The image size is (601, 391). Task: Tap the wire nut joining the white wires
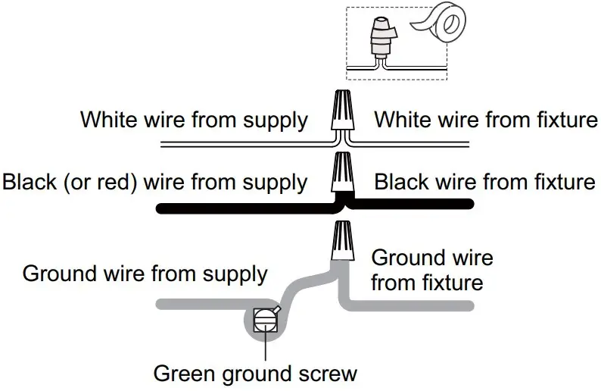click(342, 111)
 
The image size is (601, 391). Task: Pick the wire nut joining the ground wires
click(342, 239)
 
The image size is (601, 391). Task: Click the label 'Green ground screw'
click(255, 374)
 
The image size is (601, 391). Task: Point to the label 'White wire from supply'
click(195, 120)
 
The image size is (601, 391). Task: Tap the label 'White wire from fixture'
click(486, 120)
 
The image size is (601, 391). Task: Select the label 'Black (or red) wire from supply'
click(155, 183)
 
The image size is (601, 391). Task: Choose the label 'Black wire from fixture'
click(484, 183)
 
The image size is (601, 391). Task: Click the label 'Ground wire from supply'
click(145, 274)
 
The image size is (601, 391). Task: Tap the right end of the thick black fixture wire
click(471, 202)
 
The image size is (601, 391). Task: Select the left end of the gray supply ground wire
click(159, 305)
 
